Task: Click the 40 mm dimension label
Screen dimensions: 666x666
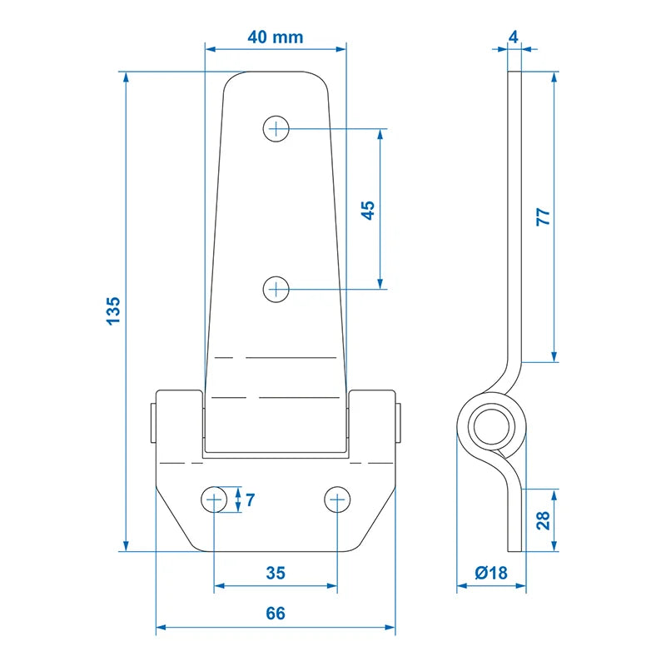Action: (276, 37)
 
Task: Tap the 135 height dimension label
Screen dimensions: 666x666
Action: (113, 311)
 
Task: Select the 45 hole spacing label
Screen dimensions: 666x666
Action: (368, 211)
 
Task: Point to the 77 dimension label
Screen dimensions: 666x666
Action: (544, 216)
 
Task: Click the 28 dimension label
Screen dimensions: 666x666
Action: (544, 520)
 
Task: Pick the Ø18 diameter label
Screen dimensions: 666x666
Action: (491, 573)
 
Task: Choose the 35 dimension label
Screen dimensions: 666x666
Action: (276, 573)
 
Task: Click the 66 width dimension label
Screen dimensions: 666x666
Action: (276, 614)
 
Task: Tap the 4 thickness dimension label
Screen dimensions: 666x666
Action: (514, 37)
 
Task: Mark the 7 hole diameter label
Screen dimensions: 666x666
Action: (251, 500)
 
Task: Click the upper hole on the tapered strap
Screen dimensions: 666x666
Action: (276, 128)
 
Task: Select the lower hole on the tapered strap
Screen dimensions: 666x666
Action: (276, 289)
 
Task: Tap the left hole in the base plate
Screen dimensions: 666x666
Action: (214, 499)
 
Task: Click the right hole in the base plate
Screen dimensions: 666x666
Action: (337, 499)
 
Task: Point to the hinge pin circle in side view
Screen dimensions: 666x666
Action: (491, 427)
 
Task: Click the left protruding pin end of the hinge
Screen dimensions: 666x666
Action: (153, 423)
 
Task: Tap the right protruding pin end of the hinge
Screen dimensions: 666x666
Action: (398, 423)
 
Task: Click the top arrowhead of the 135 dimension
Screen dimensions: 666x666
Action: (126, 77)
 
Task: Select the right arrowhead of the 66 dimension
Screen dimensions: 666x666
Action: (390, 627)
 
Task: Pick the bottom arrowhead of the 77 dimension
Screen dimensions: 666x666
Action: (554, 357)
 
